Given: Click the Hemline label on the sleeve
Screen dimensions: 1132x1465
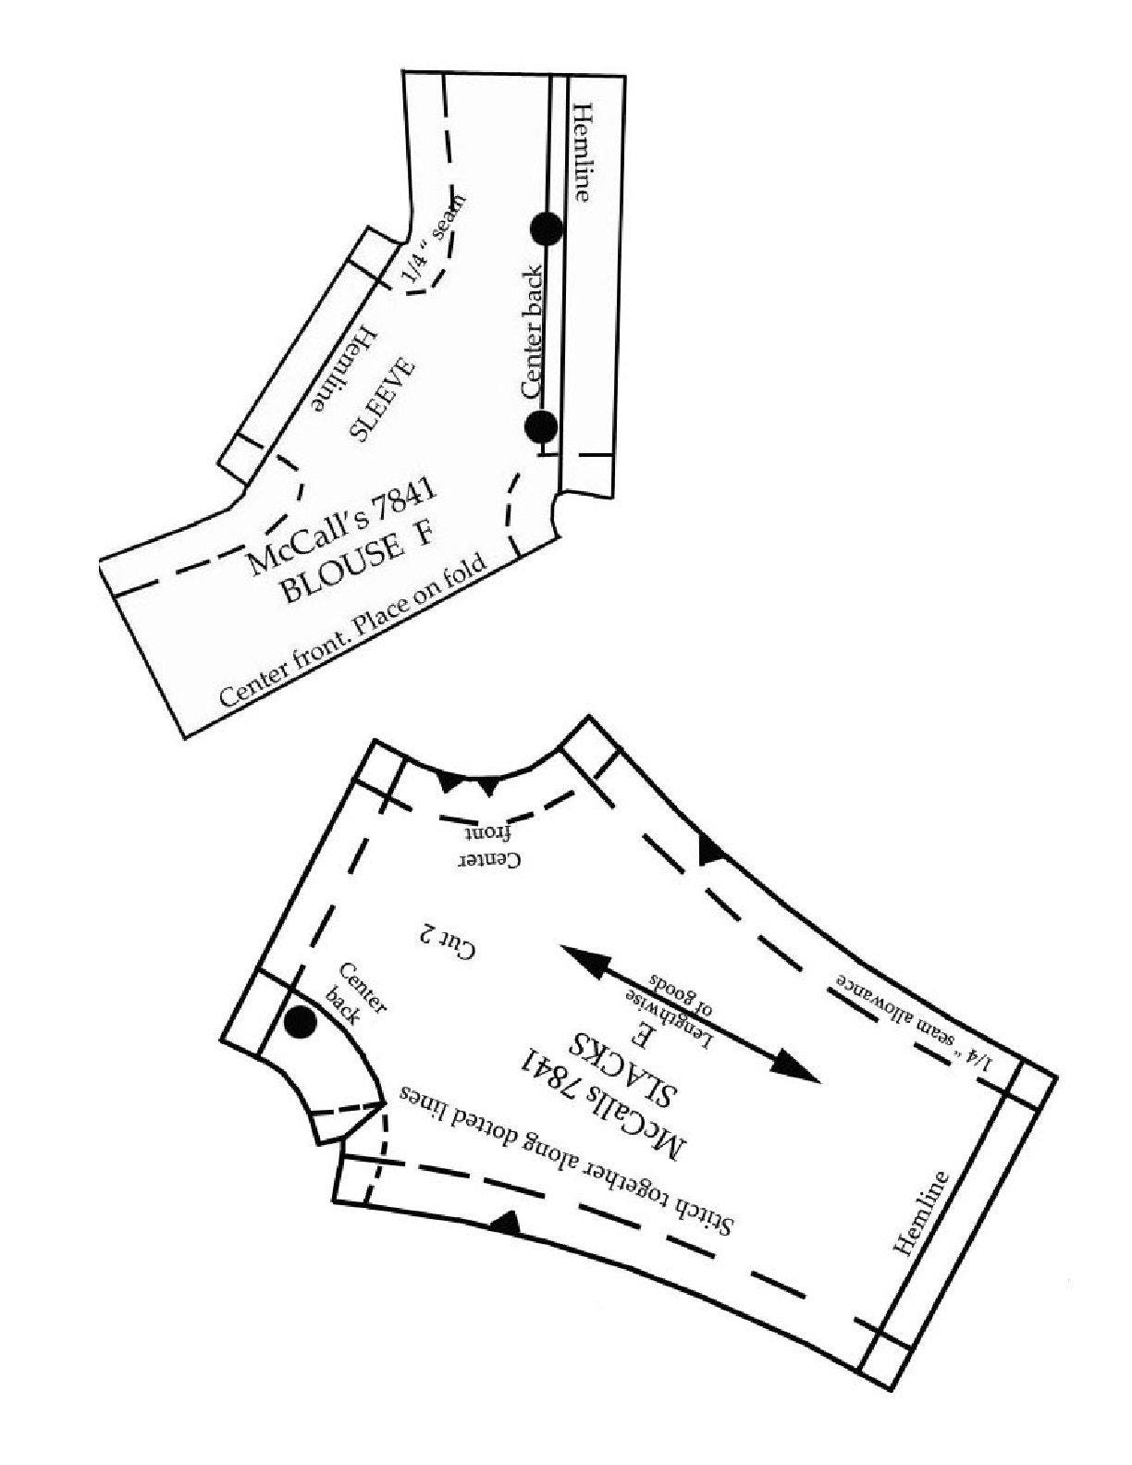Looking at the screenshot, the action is [x=345, y=369].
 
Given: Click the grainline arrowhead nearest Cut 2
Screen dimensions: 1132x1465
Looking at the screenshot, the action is [x=584, y=960].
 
